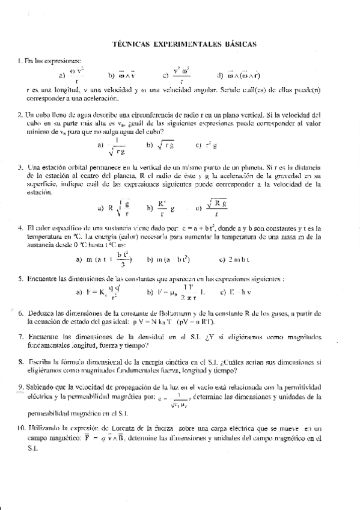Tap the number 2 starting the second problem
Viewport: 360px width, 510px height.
[20, 114]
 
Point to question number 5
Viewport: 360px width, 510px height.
[20, 279]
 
